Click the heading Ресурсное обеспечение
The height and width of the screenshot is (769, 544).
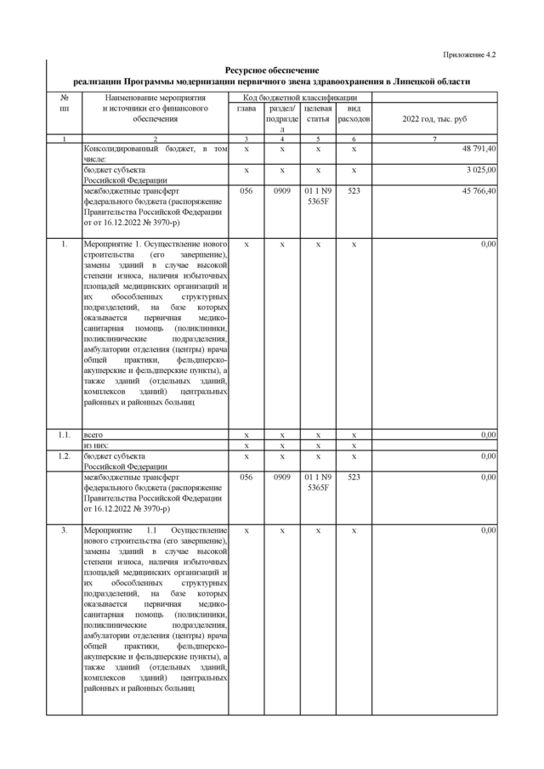271,70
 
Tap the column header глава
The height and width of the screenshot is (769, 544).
246,110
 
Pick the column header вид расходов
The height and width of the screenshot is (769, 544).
354,115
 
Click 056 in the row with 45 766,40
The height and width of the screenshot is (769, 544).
246,191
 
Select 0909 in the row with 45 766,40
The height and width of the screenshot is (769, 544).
281,191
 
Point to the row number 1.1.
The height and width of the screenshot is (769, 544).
63,434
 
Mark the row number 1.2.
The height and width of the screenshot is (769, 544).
63,455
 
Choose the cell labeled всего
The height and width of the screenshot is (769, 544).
93,434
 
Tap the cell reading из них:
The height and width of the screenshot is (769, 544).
96,444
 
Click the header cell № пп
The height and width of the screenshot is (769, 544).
63,105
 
